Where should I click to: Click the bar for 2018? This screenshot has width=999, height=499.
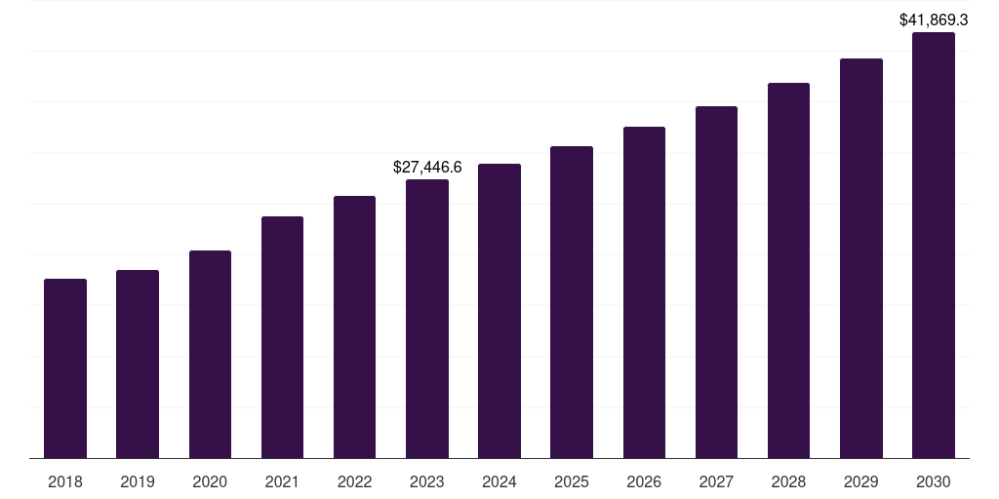pos(65,368)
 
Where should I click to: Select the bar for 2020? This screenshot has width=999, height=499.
pos(210,354)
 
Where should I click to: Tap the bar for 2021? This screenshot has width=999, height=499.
pos(282,337)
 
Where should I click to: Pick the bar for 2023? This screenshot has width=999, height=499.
pos(427,319)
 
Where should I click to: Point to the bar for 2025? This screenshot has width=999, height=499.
pos(572,302)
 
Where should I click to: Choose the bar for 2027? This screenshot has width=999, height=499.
pos(716,282)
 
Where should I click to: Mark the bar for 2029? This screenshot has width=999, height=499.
pos(860,258)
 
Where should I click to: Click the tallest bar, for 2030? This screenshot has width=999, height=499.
pos(934,245)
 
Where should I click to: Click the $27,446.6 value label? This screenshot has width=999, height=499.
pos(427,168)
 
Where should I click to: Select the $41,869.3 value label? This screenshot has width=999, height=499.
pos(934,19)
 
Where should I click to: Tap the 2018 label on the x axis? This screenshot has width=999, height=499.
pos(65,481)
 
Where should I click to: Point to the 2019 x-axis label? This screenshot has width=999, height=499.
pos(138,481)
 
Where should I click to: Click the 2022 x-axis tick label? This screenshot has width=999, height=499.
pos(354,481)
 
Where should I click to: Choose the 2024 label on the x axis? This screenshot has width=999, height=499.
pos(499,481)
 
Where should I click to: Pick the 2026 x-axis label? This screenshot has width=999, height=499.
pos(644,481)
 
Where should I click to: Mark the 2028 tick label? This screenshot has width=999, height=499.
pos(788,481)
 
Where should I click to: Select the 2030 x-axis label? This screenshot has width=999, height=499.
pos(934,481)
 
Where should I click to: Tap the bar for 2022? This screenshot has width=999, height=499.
pos(354,326)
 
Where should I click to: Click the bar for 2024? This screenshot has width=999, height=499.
pos(499,311)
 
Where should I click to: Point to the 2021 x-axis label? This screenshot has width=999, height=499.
pos(282,481)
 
